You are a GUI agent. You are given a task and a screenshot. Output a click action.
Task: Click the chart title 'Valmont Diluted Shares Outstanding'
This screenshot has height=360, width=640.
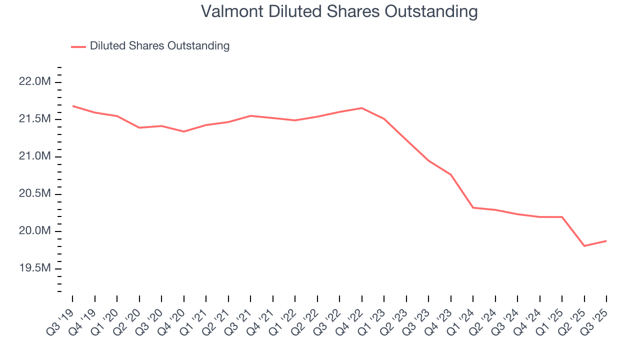pyautogui.click(x=339, y=11)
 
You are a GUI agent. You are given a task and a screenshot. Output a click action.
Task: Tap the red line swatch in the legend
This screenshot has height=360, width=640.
pyautogui.click(x=78, y=46)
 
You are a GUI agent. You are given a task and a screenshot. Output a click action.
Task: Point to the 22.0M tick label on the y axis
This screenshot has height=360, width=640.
pyautogui.click(x=34, y=82)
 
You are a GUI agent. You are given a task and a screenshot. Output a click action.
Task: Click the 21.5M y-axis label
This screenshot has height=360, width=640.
pyautogui.click(x=34, y=119)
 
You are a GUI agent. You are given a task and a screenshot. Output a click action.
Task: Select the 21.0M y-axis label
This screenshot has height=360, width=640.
pyautogui.click(x=34, y=157)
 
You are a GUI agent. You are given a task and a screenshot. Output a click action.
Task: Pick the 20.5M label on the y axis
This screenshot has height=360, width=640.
pyautogui.click(x=34, y=194)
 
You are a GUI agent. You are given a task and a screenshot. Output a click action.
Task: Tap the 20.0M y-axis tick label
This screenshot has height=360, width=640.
pyautogui.click(x=34, y=231)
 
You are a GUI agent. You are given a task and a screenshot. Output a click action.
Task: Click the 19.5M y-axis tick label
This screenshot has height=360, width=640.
pyautogui.click(x=34, y=269)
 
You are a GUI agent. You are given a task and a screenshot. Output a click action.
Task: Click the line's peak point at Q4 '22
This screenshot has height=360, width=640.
pyautogui.click(x=361, y=108)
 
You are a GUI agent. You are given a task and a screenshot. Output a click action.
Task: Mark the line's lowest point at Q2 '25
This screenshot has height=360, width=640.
pyautogui.click(x=584, y=246)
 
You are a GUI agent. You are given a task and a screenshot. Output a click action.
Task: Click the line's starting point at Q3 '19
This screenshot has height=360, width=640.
pyautogui.click(x=72, y=106)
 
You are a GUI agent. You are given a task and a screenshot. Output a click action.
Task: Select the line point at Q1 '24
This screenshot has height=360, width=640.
pyautogui.click(x=473, y=207)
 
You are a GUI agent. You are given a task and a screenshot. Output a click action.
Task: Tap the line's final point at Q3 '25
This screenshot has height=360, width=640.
pyautogui.click(x=606, y=241)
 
